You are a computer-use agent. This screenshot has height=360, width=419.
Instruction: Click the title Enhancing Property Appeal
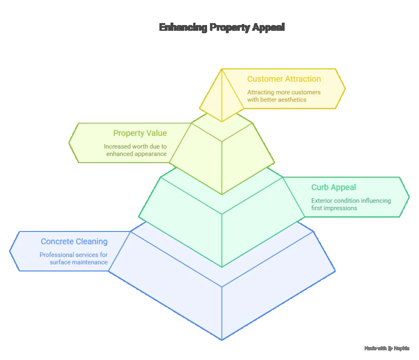pyautogui.click(x=222, y=27)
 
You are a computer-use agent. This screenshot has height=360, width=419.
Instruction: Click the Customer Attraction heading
pyautogui.click(x=284, y=79)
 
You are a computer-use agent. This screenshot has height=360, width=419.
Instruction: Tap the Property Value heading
pyautogui.click(x=140, y=133)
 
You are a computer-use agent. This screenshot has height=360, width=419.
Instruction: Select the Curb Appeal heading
pyautogui.click(x=333, y=188)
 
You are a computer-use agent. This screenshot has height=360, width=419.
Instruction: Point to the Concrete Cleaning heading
pyautogui.click(x=74, y=242)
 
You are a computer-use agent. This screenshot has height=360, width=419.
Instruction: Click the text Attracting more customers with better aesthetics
pyautogui.click(x=284, y=96)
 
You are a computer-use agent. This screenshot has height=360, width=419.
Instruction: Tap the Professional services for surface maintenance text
pyautogui.click(x=74, y=258)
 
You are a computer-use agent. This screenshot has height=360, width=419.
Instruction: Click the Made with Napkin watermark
pyautogui.click(x=387, y=347)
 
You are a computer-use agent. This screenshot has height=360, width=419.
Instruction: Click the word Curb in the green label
pyautogui.click(x=320, y=188)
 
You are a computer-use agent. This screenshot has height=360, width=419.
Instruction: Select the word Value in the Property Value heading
pyautogui.click(x=157, y=133)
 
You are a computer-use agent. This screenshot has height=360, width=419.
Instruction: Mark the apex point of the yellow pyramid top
pyautogui.click(x=222, y=69)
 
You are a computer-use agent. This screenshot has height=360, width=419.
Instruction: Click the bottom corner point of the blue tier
pyautogui.click(x=222, y=340)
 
